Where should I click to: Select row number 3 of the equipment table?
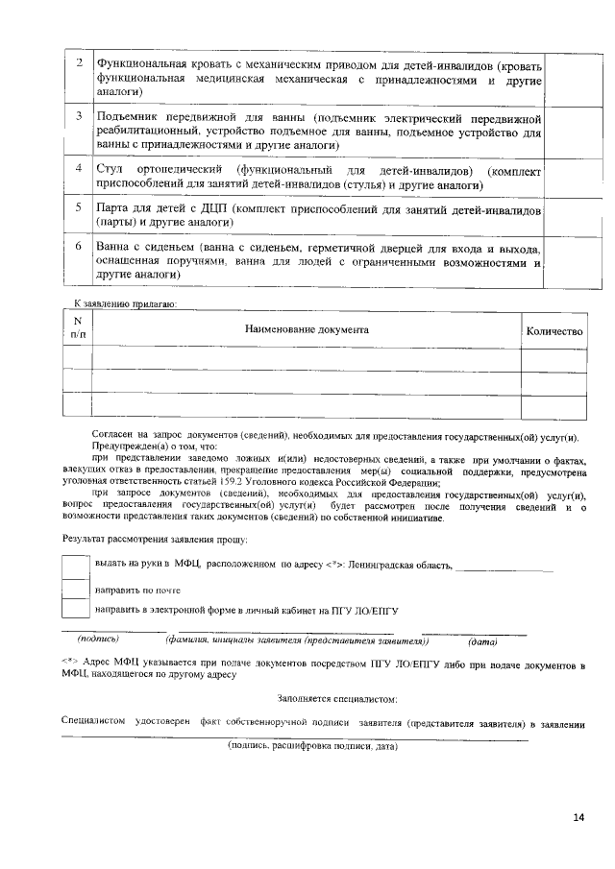[78, 116]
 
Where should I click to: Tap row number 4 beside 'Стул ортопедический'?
[78, 169]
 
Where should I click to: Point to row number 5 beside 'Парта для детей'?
[78, 207]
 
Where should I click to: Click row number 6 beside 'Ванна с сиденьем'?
[78, 247]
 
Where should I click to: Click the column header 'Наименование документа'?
[307, 330]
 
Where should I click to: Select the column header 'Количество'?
[554, 331]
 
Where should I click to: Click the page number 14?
[578, 817]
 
